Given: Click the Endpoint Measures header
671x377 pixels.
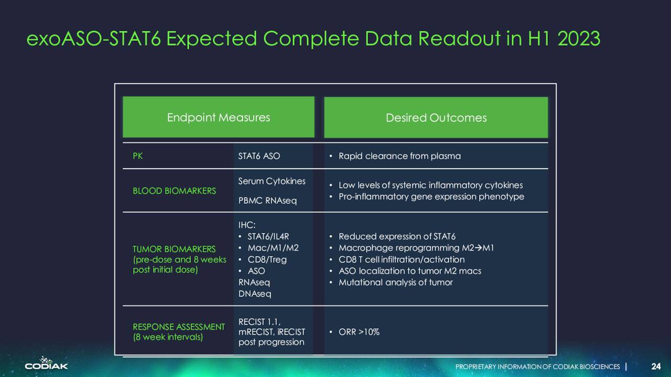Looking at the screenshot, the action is [x=219, y=118].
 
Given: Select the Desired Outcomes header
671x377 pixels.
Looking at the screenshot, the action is [x=436, y=118].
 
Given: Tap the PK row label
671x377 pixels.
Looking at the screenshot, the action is [x=137, y=156].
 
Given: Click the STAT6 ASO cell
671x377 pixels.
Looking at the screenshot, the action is [x=259, y=156].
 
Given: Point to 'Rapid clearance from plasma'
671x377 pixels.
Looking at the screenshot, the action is [x=399, y=156].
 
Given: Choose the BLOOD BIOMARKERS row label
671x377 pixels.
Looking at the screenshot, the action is [x=175, y=191].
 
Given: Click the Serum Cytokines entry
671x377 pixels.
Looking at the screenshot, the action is [x=272, y=181].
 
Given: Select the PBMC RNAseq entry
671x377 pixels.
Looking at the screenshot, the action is [x=267, y=201].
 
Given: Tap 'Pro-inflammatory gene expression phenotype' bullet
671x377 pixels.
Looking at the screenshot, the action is [x=431, y=196].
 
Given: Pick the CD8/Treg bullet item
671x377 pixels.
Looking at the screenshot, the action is [x=267, y=259].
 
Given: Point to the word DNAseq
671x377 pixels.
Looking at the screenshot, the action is [x=255, y=294].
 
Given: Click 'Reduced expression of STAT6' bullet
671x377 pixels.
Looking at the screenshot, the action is [x=397, y=236].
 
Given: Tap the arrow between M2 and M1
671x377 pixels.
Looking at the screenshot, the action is [x=479, y=248].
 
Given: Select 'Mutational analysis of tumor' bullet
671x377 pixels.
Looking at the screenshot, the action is [x=395, y=282].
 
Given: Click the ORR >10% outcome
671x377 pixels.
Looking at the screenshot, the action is [x=359, y=332].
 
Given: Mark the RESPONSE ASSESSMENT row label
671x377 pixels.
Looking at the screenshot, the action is [x=179, y=327].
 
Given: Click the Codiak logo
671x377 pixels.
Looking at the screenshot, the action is [x=46, y=363].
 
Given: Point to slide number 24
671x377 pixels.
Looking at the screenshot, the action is [x=656, y=366].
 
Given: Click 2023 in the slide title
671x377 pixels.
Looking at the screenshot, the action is [x=579, y=39].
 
